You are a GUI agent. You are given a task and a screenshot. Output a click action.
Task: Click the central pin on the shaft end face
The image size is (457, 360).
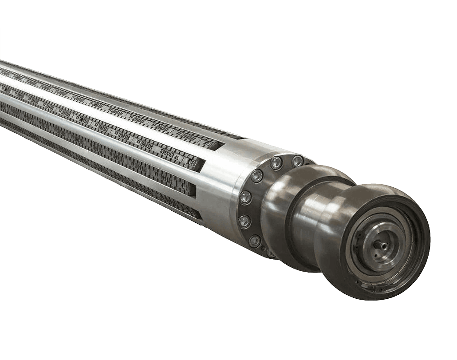pos(381,244)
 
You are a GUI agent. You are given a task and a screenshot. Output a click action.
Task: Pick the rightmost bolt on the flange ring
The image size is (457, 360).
pos(297,161)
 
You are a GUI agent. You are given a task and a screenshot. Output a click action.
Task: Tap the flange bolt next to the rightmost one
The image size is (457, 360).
pos(276,163)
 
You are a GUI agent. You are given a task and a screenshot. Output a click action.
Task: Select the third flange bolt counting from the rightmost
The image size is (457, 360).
pos(256,176)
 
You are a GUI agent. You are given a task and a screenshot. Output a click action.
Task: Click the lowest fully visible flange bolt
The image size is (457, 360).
pos(254,241)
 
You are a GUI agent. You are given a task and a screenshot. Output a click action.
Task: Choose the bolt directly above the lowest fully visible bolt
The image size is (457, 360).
pos(244,221)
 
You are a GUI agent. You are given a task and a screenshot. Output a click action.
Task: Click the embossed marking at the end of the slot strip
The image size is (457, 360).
pos(192,164)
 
